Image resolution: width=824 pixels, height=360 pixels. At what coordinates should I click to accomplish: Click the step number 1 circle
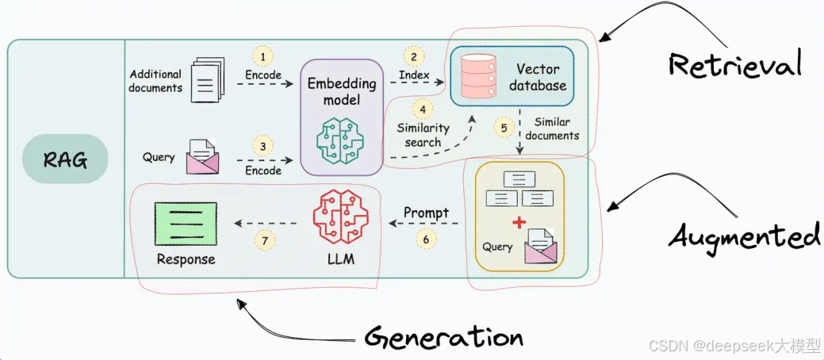pos(263,56)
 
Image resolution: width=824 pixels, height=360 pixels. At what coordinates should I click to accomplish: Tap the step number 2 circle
pos(414,56)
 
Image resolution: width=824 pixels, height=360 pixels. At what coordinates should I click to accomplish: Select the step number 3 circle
pos(263,146)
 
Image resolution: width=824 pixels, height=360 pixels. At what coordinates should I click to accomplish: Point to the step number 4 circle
pos(423,110)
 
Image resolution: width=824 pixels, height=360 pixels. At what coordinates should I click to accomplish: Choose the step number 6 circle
pos(426,238)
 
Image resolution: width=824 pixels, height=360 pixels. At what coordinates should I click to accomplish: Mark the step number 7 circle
pos(265,239)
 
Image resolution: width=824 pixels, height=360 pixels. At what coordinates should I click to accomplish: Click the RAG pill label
pos(65,159)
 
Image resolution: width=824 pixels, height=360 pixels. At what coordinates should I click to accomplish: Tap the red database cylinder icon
pos(478,75)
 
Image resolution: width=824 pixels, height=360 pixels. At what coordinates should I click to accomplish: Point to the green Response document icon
pos(186,223)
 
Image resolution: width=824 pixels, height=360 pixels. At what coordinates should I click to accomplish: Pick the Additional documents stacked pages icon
pos(207,80)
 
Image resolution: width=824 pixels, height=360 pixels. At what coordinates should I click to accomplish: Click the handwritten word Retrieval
pos(735,65)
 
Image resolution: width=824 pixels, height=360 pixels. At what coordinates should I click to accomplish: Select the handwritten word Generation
pos(444,336)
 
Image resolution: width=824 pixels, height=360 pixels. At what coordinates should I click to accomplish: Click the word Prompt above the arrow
pos(426,213)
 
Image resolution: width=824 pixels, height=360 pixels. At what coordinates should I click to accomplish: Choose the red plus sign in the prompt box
pos(519,223)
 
